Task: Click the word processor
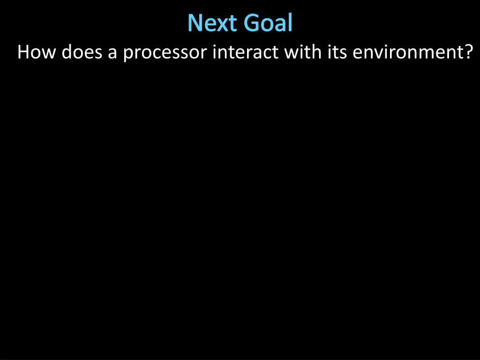(x=165, y=53)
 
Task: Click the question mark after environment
(x=466, y=52)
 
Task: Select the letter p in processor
(x=128, y=54)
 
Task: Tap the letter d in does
(x=67, y=52)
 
